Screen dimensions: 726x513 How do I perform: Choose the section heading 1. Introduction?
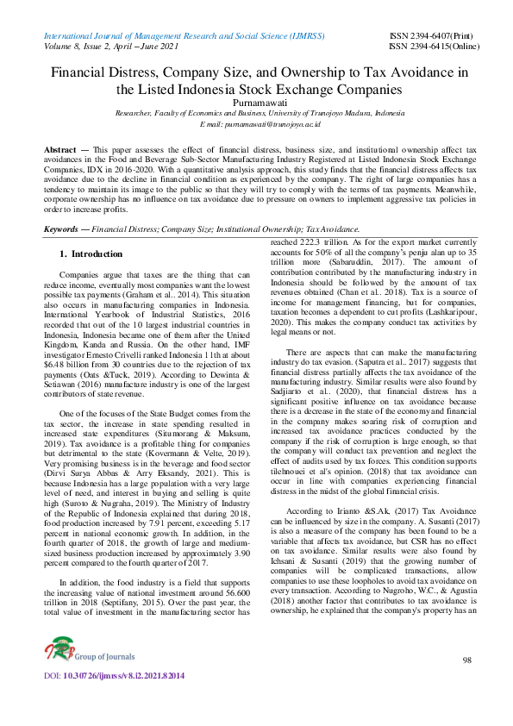pyautogui.click(x=91, y=230)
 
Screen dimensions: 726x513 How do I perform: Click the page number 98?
pyautogui.click(x=466, y=684)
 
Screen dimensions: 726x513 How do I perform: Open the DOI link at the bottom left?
pyautogui.click(x=114, y=699)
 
